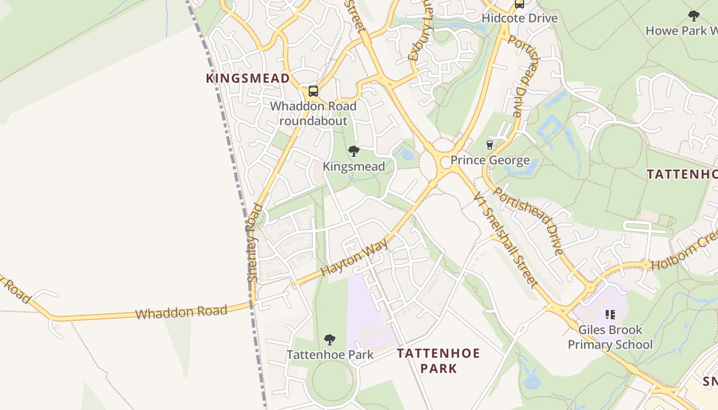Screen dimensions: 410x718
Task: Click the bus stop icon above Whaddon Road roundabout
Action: (313, 92)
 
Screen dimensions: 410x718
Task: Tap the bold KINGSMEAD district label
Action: (248, 78)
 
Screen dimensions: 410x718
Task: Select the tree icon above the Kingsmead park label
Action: (353, 151)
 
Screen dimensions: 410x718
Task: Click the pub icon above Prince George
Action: (489, 145)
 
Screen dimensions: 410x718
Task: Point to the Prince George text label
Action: (490, 160)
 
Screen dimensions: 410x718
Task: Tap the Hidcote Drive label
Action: (519, 18)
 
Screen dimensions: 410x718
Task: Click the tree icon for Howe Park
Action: (694, 16)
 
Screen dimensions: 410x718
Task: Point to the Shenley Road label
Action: (254, 242)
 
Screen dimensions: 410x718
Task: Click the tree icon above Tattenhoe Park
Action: (330, 339)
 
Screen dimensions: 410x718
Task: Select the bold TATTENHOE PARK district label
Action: (438, 360)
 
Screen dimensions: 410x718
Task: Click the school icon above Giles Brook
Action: (610, 314)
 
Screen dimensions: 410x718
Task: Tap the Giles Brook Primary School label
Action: (610, 337)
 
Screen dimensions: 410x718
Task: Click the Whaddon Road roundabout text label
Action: (313, 114)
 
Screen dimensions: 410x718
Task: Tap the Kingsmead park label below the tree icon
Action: (353, 167)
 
